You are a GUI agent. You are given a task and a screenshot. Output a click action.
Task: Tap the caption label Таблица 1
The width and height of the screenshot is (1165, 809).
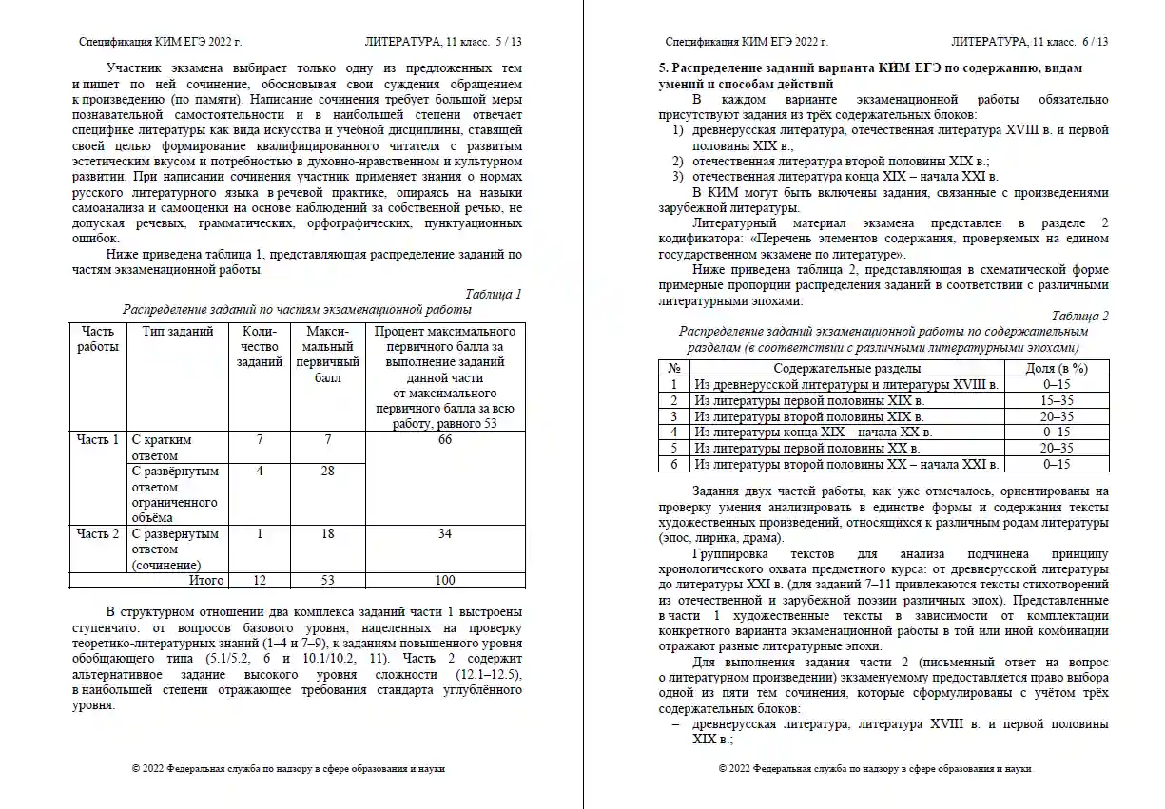494,294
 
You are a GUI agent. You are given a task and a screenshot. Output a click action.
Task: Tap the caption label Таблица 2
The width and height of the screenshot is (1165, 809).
1080,316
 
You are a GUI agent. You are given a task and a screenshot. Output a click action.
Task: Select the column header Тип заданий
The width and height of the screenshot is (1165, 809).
178,332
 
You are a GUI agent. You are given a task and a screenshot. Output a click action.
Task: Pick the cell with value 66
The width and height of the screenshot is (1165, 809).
445,440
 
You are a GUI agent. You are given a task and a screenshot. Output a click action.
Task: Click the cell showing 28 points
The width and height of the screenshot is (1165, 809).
327,472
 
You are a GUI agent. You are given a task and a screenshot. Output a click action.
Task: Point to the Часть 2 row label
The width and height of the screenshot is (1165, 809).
98,534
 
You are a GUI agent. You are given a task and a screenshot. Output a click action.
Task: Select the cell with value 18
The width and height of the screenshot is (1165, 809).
327,534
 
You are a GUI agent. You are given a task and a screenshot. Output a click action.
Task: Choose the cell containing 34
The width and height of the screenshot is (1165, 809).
445,534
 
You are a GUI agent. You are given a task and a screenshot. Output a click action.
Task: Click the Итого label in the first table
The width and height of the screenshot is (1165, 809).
206,580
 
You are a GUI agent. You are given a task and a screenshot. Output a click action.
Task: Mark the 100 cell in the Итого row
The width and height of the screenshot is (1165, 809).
445,580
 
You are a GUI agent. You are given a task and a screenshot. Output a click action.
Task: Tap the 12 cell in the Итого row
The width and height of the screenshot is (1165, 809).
260,580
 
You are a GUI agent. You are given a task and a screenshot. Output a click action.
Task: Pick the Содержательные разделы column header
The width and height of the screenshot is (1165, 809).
846,368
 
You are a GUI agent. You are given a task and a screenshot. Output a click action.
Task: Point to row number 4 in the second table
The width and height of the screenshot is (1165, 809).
673,433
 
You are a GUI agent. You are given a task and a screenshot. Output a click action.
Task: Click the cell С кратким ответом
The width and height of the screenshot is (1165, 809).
162,448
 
